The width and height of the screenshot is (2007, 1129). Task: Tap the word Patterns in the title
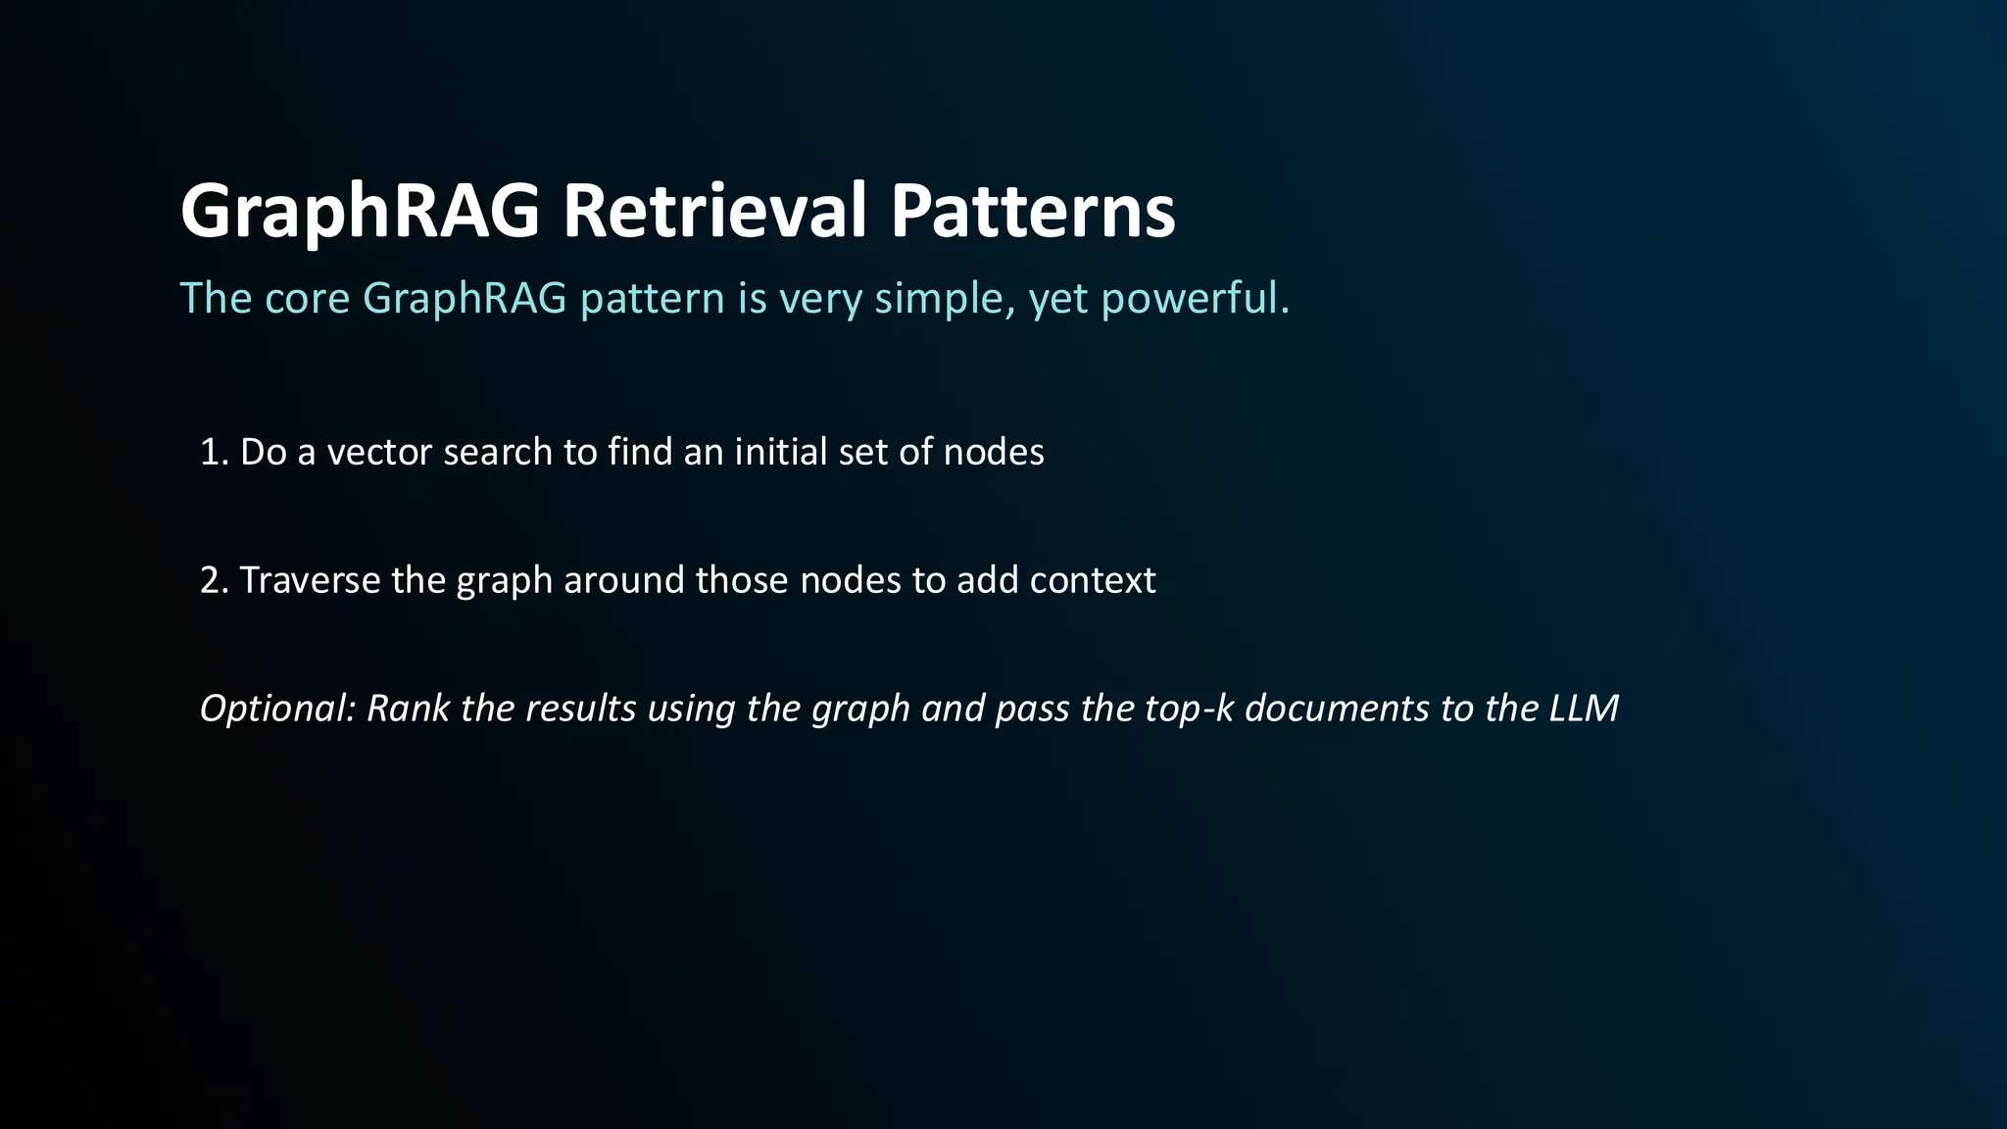point(1032,212)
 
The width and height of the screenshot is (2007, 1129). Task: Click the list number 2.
point(212,581)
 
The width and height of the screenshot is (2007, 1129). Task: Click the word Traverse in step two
point(310,581)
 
